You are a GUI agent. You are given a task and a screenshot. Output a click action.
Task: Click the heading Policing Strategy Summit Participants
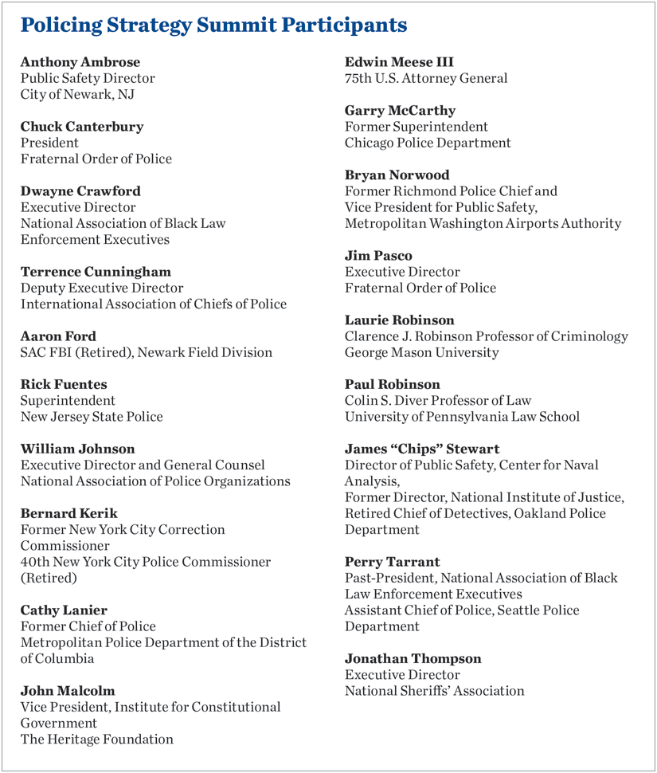(x=213, y=26)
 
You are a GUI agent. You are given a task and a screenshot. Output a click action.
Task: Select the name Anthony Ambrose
(x=80, y=62)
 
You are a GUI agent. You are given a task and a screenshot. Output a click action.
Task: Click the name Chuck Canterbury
(x=82, y=127)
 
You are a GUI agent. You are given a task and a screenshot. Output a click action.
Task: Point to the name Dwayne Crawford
(x=80, y=191)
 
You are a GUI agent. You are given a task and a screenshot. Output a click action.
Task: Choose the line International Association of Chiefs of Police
(x=154, y=304)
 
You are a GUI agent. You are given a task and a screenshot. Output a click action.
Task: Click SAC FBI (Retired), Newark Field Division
(x=146, y=352)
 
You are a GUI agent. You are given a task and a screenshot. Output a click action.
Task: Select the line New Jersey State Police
(x=92, y=417)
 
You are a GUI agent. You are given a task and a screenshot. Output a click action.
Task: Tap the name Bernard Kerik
(x=69, y=513)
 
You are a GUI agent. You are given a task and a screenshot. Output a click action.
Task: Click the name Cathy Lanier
(x=65, y=610)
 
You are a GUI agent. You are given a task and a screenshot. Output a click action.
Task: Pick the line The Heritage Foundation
(x=97, y=739)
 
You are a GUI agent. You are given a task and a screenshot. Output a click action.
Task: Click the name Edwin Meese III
(x=399, y=62)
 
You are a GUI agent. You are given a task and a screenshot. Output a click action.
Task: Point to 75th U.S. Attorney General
(x=426, y=78)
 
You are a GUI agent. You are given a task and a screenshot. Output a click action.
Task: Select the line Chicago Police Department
(x=428, y=143)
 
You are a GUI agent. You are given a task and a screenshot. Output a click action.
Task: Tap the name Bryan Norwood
(x=397, y=175)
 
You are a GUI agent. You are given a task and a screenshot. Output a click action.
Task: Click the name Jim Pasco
(x=378, y=256)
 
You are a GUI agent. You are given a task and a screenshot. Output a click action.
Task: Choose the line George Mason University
(x=422, y=352)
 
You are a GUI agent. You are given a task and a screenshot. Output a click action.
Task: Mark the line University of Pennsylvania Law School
(x=462, y=417)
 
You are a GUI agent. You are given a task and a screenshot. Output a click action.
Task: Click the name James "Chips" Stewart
(x=422, y=449)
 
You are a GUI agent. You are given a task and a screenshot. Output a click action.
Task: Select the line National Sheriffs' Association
(x=435, y=691)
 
